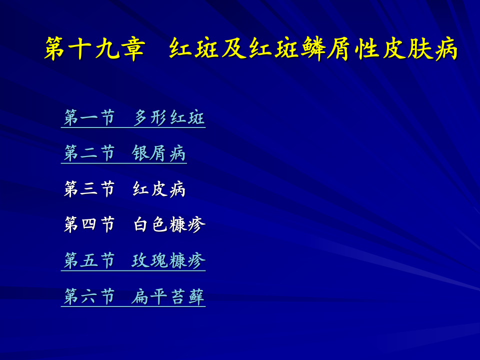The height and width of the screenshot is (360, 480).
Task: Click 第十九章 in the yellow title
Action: [x=94, y=49]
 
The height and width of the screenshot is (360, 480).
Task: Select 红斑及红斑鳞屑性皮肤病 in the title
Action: [x=313, y=49]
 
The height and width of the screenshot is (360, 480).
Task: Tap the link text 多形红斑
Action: [x=169, y=118]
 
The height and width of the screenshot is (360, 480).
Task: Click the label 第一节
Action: [x=89, y=118]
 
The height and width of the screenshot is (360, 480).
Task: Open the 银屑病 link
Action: [x=159, y=153]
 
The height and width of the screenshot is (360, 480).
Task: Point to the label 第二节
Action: [x=89, y=153]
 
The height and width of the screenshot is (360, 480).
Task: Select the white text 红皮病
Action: [x=159, y=189]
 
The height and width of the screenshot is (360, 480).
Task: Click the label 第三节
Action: [x=89, y=189]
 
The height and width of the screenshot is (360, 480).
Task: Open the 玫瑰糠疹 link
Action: [x=169, y=260]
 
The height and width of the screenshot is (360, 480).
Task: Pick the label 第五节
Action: [x=89, y=260]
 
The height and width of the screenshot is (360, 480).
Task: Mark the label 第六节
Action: [x=89, y=296]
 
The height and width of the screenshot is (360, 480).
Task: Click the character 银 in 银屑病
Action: [x=140, y=153]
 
